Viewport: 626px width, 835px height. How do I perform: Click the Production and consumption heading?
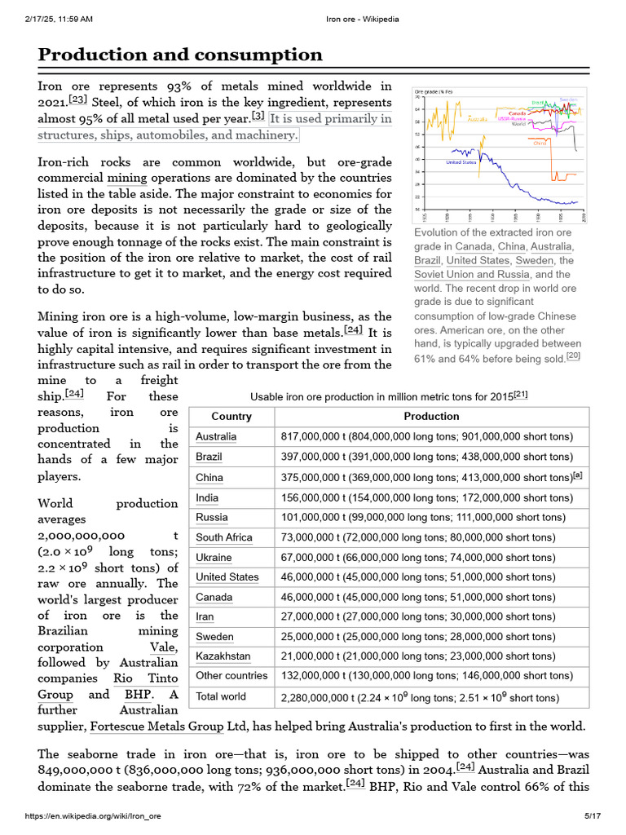point(180,55)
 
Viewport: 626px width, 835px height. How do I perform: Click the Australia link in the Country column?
point(216,437)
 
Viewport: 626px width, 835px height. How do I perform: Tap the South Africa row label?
point(224,537)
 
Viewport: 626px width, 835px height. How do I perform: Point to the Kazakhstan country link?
point(223,656)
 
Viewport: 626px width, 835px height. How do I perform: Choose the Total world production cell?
point(420,697)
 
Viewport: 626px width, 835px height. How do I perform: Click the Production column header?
point(431,416)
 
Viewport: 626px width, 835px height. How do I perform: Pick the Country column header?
point(231,416)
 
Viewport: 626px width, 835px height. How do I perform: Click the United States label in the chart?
point(461,162)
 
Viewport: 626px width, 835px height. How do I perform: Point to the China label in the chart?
point(540,144)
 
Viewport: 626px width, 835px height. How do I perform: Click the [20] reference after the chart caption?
point(573,357)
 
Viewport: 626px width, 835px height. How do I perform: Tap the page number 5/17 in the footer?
point(592,816)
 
